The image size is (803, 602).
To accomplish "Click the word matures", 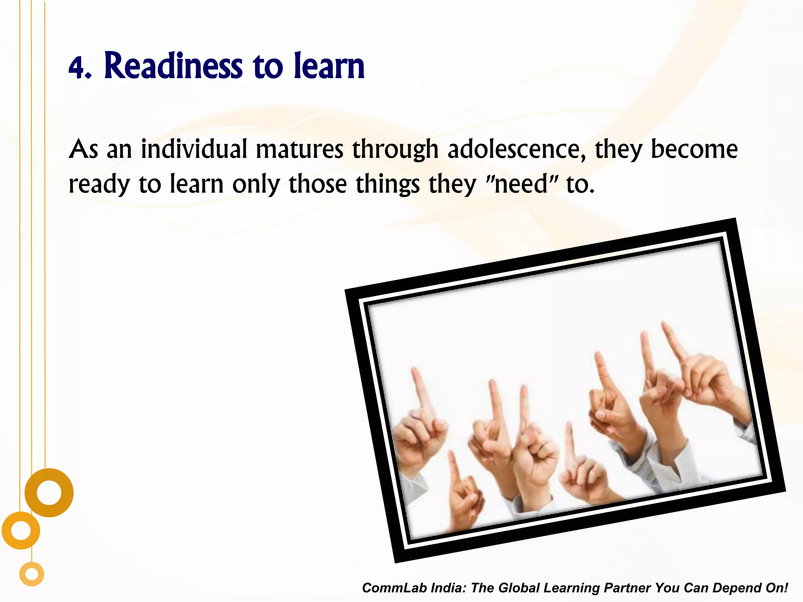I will coord(299,150).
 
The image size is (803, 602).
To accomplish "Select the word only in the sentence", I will coord(256,184).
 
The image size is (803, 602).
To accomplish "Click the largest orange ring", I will coord(49,493).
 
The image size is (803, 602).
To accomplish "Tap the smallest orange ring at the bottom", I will coord(32,574).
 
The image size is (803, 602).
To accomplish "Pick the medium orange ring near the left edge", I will coord(21,531).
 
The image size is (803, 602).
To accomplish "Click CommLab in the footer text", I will coord(394,588).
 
